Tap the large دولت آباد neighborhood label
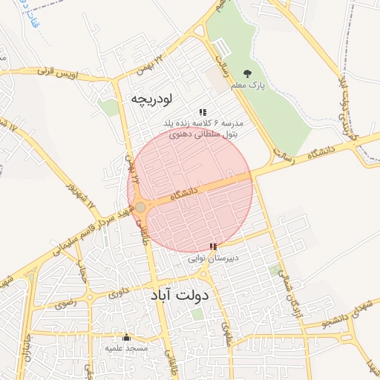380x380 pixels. tap(180, 295)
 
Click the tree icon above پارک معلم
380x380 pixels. tap(247, 73)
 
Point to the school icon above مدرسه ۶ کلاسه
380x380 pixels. tap(202, 112)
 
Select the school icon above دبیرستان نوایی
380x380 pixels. tap(214, 246)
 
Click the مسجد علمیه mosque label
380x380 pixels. tap(126, 348)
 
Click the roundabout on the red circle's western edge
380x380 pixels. tap(140, 207)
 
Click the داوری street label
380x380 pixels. tap(119, 291)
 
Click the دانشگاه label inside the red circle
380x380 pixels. tap(185, 193)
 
